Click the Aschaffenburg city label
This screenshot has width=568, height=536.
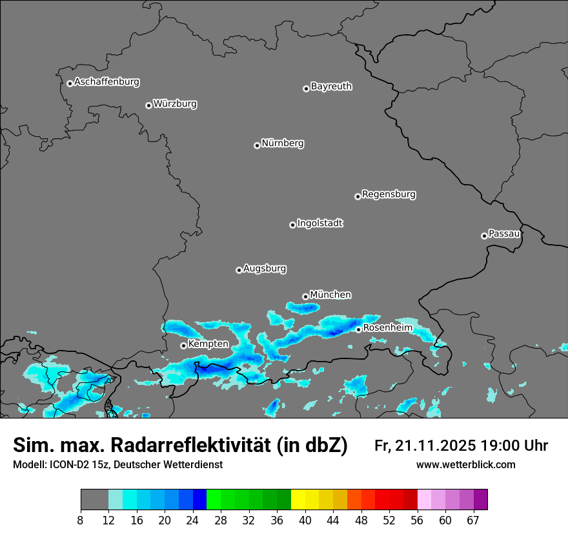(x=107, y=82)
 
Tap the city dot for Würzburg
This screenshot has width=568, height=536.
(x=148, y=105)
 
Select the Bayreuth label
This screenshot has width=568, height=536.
(x=331, y=86)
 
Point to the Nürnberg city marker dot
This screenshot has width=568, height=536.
(x=257, y=145)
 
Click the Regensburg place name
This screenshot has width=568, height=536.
(x=389, y=194)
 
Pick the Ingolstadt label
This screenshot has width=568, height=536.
(x=319, y=223)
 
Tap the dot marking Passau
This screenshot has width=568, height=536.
(x=484, y=236)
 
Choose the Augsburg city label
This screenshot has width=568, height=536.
(x=265, y=268)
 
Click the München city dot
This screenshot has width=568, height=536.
(x=305, y=296)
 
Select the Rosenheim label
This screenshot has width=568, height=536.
(x=387, y=327)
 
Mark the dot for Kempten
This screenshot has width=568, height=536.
(x=183, y=345)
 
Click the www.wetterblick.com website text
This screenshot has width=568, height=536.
(x=465, y=464)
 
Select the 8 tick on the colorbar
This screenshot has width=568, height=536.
(x=81, y=520)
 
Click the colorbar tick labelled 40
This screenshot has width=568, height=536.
(x=305, y=520)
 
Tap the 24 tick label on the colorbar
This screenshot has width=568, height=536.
(x=193, y=520)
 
